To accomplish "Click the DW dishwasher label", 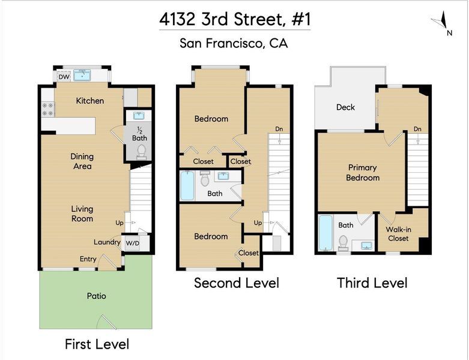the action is coord(64,77).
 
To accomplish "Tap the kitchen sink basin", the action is coord(82,75).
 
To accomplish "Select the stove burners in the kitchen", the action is coord(47,109).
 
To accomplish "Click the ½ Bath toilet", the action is coord(141,152).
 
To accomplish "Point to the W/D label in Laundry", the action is coord(132,243).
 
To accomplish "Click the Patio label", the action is coord(96,296).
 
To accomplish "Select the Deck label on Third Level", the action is coord(345,107).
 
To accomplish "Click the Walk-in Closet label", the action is coord(398,234).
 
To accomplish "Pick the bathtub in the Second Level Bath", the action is coord(187,185).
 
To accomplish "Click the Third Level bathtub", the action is coord(325,233).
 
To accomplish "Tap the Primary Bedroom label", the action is coord(363,173).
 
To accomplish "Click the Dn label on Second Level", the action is coord(279,129).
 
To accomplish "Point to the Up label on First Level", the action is coord(120,223).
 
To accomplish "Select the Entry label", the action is coord(88,259).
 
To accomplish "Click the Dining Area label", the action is coord(82,161).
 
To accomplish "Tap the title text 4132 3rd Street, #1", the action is coord(235,19).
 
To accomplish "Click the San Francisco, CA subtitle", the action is coord(234,43).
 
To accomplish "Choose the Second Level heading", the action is coord(236,283).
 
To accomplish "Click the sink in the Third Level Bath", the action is coord(366,245).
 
